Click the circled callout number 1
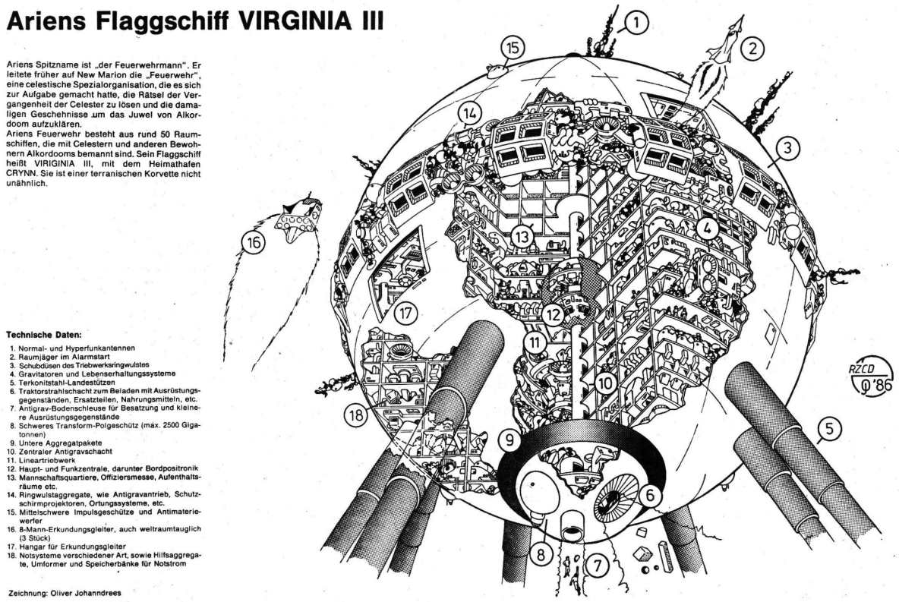[635, 24]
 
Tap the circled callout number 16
[254, 242]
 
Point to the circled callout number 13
[523, 235]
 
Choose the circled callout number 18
[357, 414]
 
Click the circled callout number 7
[597, 566]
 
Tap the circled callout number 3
[788, 149]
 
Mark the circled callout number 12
[553, 314]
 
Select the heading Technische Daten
[43, 334]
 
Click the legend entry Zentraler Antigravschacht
[65, 452]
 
